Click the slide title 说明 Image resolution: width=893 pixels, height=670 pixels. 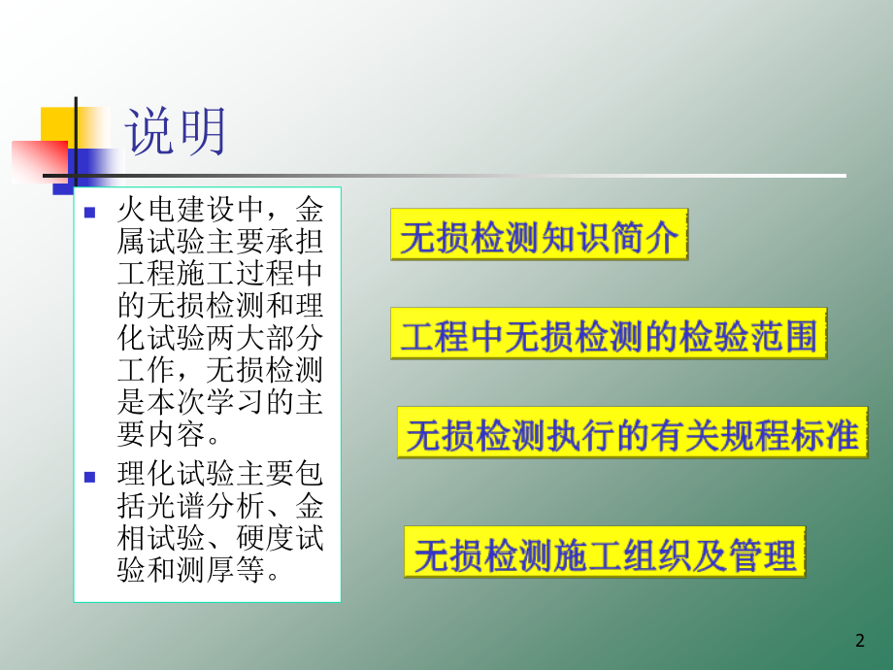coord(177,132)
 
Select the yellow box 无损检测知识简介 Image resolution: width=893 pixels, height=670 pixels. coord(539,236)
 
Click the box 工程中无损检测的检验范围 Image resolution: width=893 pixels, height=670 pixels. coord(609,335)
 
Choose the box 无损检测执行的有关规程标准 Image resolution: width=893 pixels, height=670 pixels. coord(632,434)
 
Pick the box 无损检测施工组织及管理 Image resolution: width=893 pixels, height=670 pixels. coord(605,553)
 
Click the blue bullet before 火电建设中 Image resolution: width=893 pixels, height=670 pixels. coord(90,212)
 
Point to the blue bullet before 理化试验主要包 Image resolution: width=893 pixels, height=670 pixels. coord(90,477)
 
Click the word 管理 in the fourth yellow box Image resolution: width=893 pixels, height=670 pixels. coord(767,553)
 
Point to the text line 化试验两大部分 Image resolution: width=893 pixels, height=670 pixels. coord(219,344)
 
